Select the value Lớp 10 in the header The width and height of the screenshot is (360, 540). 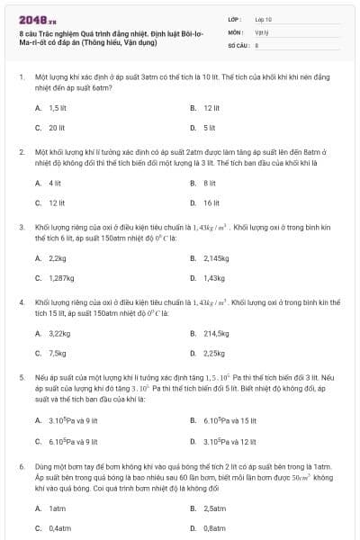tap(263, 19)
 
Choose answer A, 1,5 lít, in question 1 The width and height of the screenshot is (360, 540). tap(58, 107)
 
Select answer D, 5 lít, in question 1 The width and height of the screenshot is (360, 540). tap(209, 128)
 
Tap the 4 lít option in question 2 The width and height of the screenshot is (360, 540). tap(55, 183)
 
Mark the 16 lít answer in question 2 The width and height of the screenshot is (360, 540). tap(211, 203)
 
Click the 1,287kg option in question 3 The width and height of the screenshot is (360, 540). tap(61, 279)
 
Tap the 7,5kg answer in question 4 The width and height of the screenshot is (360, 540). tap(58, 354)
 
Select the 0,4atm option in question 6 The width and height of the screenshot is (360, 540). tap(59, 528)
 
